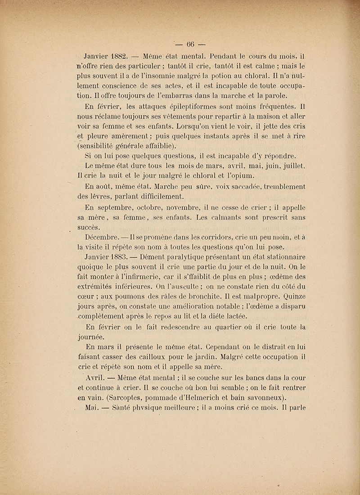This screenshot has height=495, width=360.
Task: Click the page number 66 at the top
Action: point(189,44)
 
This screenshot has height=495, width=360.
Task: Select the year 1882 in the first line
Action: point(118,57)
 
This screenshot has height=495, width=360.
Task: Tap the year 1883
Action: point(115,257)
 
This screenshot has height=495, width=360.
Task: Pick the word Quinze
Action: point(292,297)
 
